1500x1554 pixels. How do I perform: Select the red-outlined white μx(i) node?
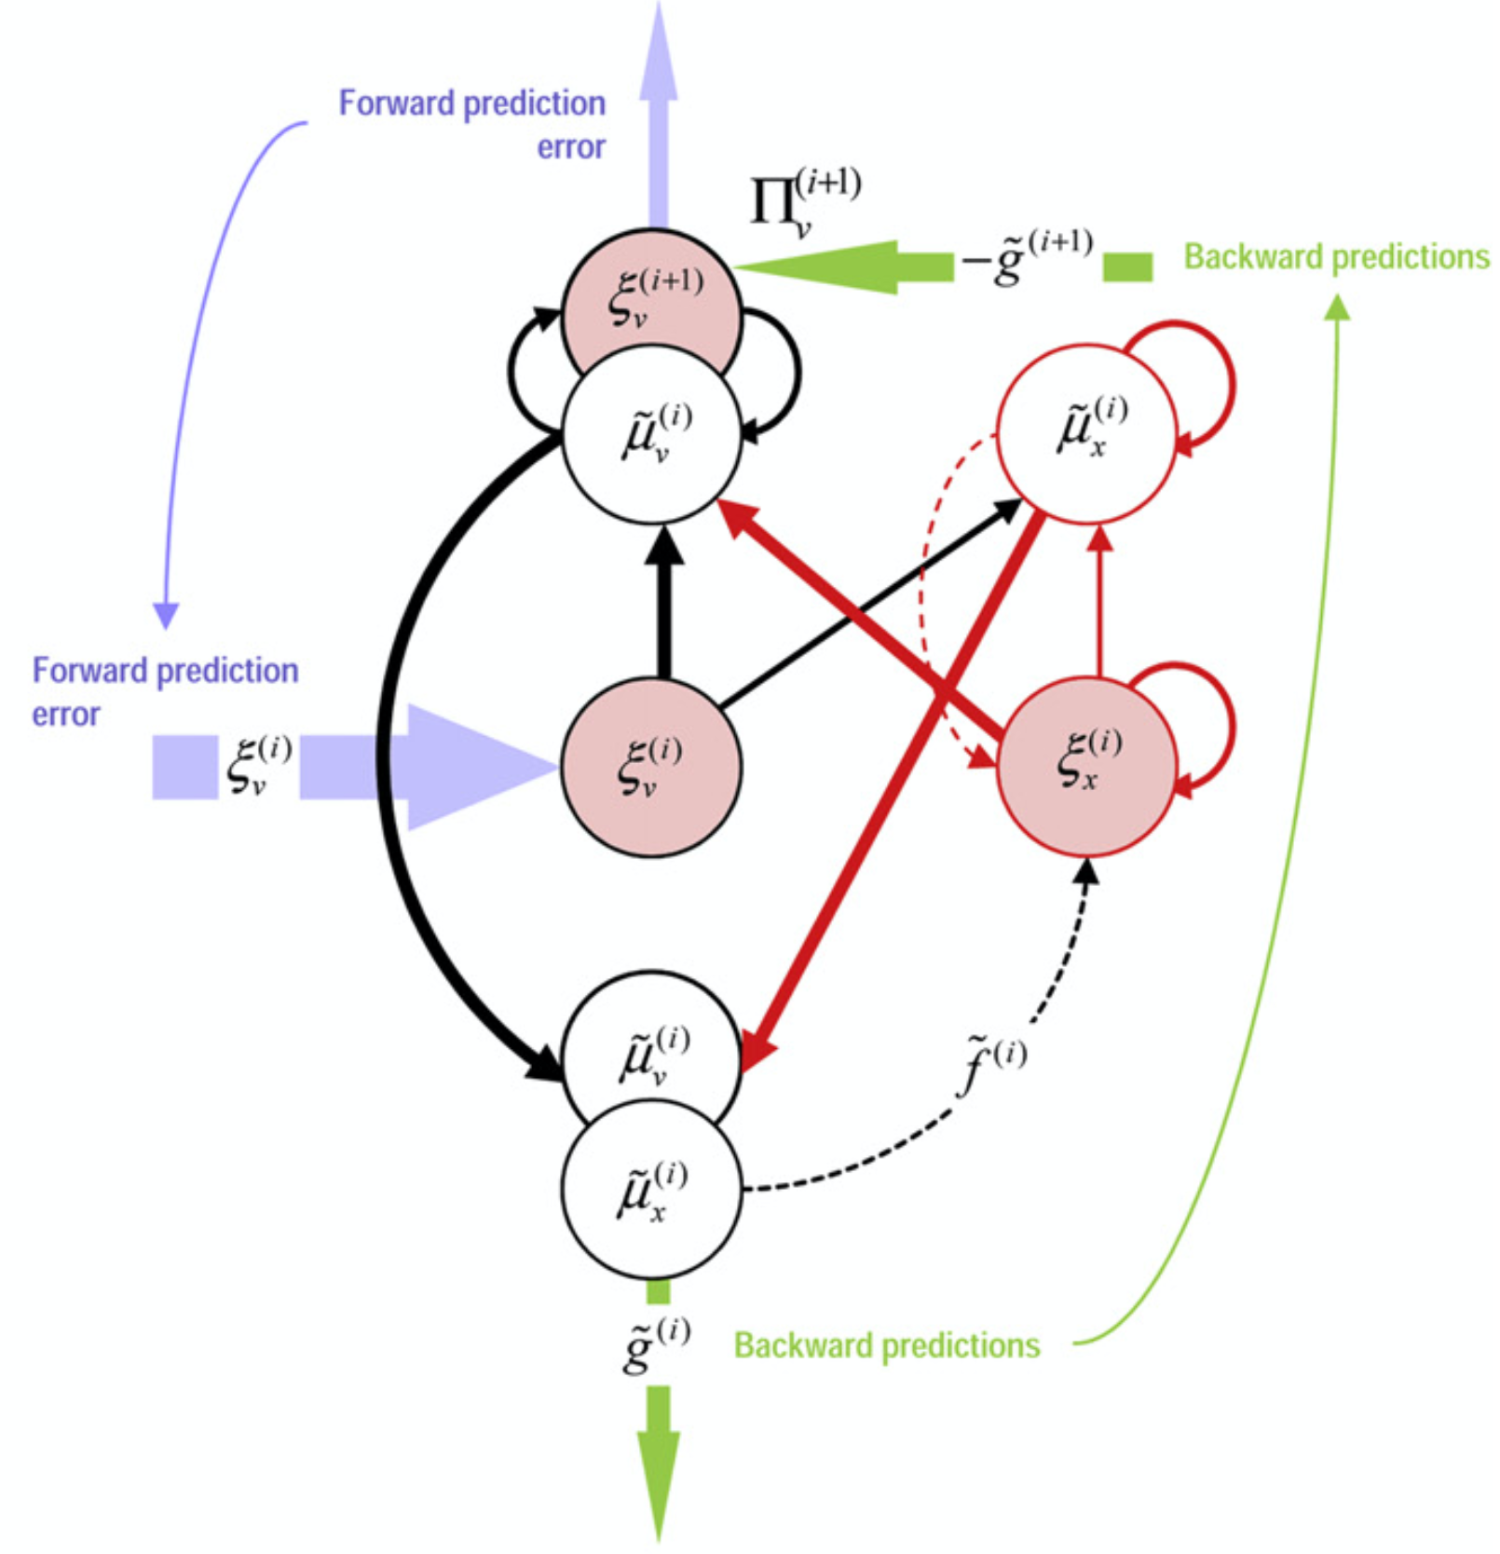(x=1085, y=433)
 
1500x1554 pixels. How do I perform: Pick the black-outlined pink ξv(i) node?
(x=651, y=766)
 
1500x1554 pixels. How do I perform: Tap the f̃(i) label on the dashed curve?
(x=993, y=1062)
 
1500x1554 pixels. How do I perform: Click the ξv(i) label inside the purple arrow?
(x=258, y=766)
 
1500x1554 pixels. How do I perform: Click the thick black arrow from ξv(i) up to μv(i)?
(x=663, y=610)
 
